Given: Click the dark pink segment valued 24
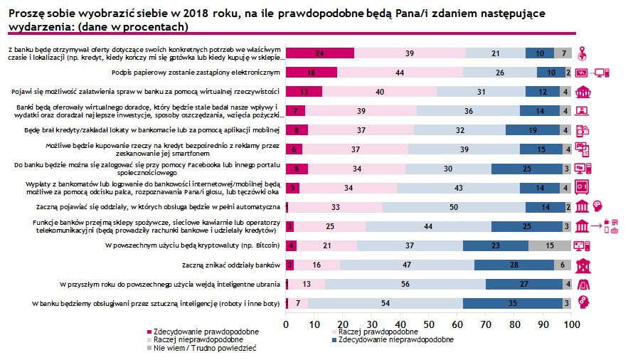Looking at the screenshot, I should [320, 53].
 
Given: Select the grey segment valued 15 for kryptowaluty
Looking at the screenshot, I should [550, 245].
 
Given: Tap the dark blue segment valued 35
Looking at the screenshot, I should [513, 302].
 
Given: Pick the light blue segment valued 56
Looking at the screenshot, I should [405, 283].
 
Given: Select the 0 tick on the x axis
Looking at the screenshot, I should [286, 324].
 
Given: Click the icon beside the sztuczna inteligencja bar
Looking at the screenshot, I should [582, 302].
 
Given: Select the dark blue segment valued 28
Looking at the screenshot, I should [513, 265].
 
